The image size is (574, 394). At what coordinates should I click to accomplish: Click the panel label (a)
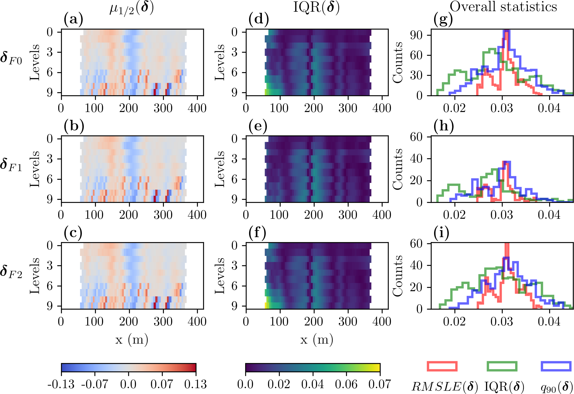[x=73, y=20]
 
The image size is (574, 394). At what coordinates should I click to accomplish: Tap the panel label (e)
[x=258, y=126]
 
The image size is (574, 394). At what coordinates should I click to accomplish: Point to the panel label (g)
[x=443, y=20]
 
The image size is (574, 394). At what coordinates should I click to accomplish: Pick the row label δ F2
[x=11, y=271]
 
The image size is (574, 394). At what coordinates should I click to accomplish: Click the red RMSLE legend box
[x=442, y=366]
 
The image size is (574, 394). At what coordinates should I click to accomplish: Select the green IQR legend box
[x=502, y=366]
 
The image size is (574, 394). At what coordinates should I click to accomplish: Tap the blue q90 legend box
[x=556, y=366]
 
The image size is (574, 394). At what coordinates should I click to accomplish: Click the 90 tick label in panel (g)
[x=416, y=35]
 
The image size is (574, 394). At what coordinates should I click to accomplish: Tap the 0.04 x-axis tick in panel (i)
[x=549, y=322]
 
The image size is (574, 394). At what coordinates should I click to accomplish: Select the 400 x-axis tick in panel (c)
[x=197, y=322]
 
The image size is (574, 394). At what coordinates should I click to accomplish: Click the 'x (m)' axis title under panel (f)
[x=317, y=340]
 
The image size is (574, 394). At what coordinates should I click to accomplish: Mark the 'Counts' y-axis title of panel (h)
[x=398, y=169]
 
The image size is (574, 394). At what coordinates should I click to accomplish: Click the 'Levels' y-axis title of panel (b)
[x=35, y=169]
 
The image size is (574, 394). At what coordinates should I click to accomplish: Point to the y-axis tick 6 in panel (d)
[x=235, y=72]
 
